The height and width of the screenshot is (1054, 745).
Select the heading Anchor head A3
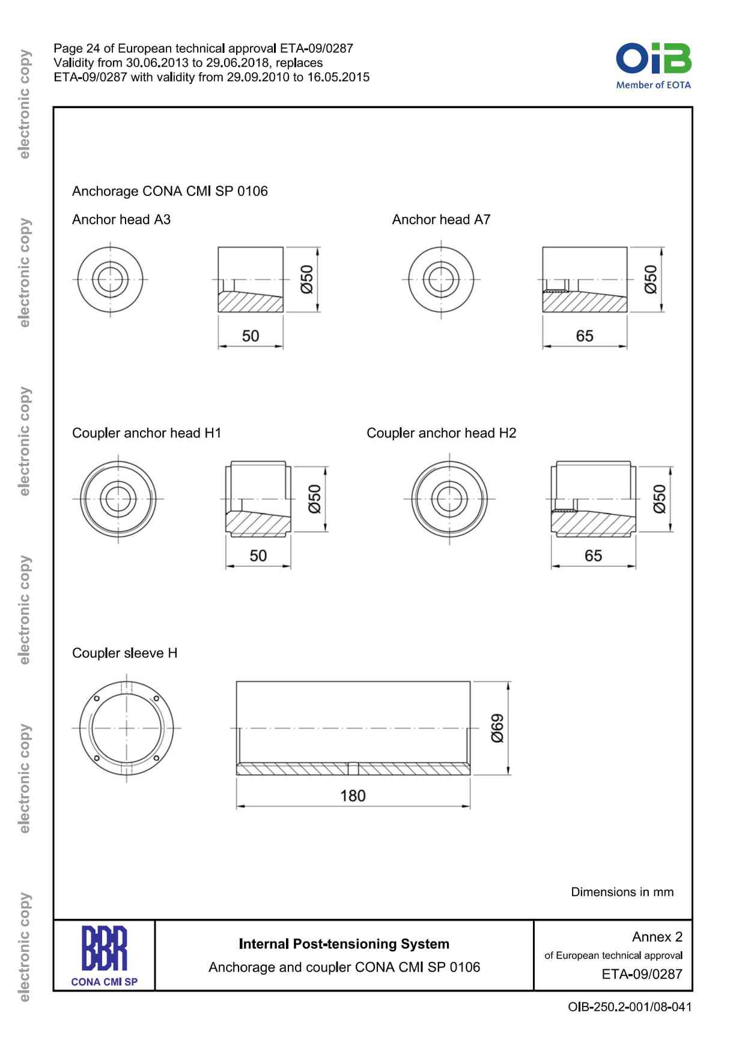(x=121, y=219)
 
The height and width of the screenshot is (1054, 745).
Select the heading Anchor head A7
(x=441, y=219)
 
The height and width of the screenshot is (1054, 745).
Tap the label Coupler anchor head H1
(x=147, y=433)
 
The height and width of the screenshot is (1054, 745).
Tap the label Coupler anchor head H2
(x=441, y=433)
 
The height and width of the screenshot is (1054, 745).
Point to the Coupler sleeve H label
(x=124, y=653)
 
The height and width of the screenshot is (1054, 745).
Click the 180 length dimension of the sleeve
(x=353, y=796)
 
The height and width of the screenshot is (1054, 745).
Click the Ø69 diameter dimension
(x=497, y=728)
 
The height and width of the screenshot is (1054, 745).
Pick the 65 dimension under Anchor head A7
(x=585, y=336)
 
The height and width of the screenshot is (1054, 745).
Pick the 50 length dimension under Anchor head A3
(x=251, y=336)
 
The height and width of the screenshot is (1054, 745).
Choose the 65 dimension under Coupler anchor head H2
(x=593, y=555)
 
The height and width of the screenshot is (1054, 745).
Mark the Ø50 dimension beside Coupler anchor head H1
(x=315, y=499)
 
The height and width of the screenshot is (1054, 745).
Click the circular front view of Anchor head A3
(x=110, y=279)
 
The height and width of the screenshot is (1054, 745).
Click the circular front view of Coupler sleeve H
(x=126, y=728)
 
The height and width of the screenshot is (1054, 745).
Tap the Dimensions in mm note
(x=622, y=892)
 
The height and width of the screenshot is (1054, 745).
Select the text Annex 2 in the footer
(x=657, y=936)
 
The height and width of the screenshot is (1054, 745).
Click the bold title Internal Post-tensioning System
(x=344, y=943)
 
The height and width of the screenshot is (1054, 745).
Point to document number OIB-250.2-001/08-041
(x=629, y=1007)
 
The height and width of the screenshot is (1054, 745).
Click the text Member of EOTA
(x=653, y=85)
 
